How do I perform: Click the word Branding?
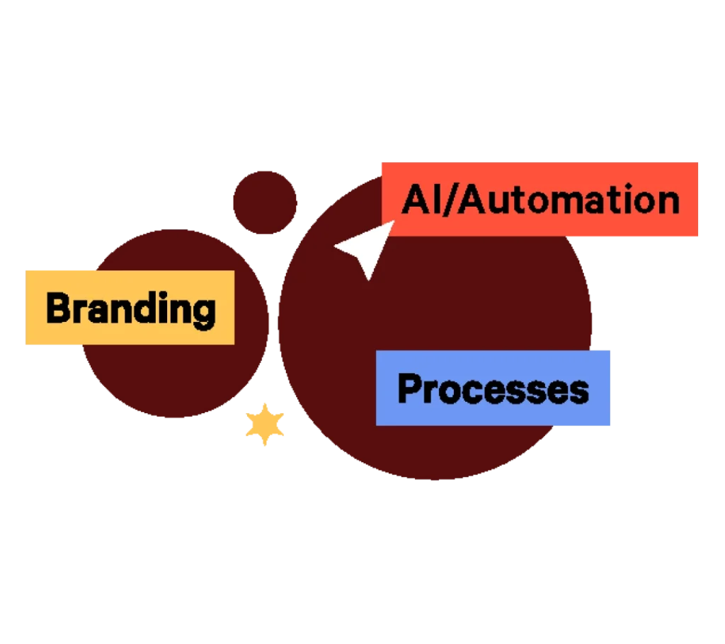130,309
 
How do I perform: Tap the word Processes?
493,389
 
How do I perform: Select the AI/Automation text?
540,200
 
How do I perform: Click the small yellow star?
265,425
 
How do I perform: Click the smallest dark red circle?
265,202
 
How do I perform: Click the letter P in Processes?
409,389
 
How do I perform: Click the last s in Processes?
578,391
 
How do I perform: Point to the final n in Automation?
667,202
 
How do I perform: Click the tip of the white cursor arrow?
336,246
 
